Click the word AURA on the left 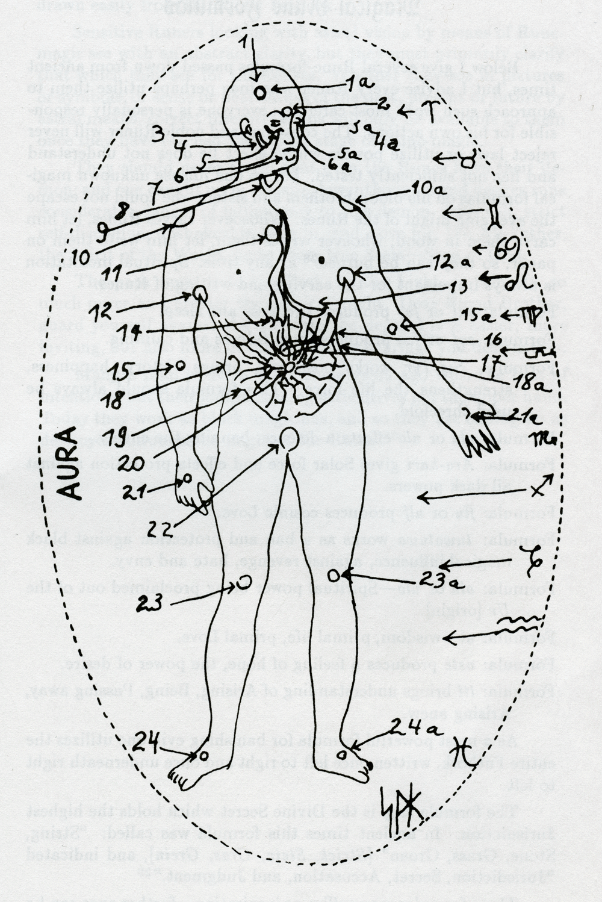click(x=70, y=462)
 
